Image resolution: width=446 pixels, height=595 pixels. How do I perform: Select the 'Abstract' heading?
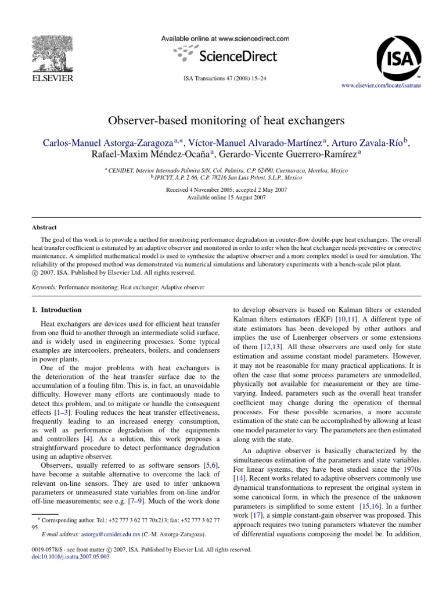tap(44, 228)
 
